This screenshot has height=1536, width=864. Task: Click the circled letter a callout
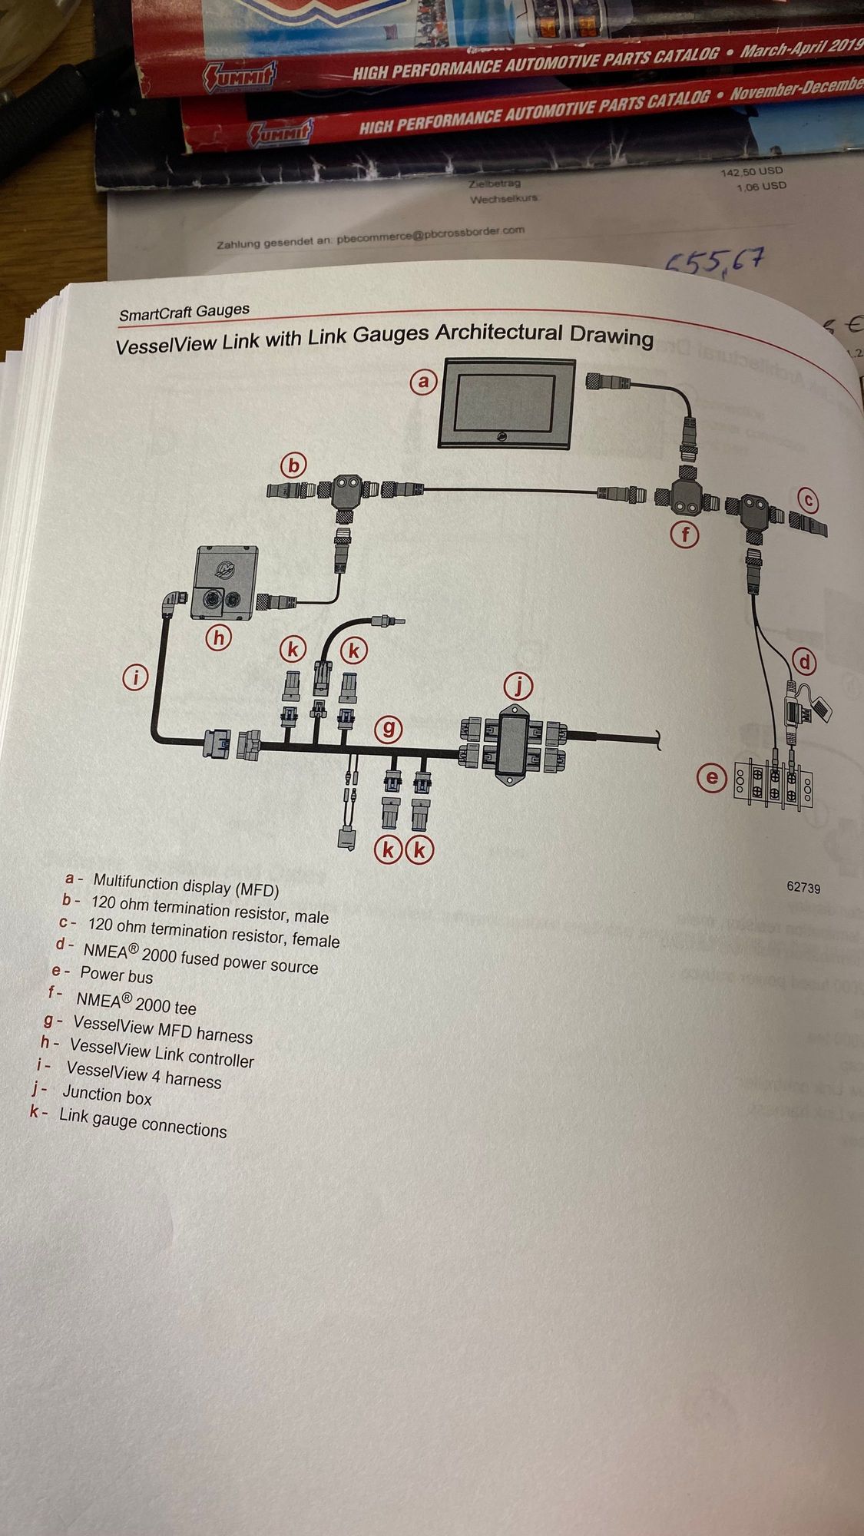click(x=422, y=382)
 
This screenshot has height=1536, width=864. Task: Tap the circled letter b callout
click(x=293, y=465)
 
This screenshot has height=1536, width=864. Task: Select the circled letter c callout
click(x=807, y=501)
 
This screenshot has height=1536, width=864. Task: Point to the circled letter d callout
click(x=804, y=661)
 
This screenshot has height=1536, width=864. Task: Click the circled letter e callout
click(x=712, y=778)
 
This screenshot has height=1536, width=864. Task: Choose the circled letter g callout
click(x=389, y=727)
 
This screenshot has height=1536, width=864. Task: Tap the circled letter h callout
click(x=219, y=637)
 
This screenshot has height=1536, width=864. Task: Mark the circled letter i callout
click(x=136, y=677)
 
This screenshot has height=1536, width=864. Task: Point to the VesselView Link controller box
click(x=226, y=583)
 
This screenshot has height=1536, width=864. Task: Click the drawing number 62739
click(x=803, y=887)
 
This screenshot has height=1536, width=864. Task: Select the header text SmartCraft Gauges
click(x=184, y=312)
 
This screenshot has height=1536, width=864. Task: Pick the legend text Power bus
click(x=116, y=975)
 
